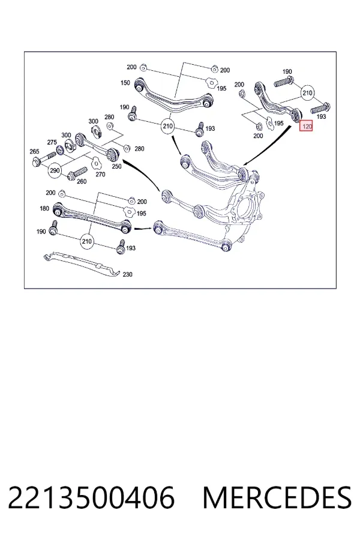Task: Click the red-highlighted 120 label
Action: [306, 127]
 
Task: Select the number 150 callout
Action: [125, 83]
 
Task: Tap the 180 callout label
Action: [44, 208]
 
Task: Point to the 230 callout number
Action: [127, 274]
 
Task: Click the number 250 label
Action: [117, 166]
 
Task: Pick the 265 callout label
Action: [34, 151]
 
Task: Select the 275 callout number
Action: [52, 142]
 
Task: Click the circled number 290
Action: [55, 170]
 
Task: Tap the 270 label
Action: [100, 175]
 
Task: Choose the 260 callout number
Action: [82, 181]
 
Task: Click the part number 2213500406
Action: [91, 498]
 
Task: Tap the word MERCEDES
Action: [277, 498]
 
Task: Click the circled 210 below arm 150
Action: [168, 127]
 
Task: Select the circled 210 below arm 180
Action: [87, 241]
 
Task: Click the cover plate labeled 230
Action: [82, 265]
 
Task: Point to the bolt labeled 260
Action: [78, 173]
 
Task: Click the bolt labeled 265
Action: [43, 158]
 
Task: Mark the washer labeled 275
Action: [60, 149]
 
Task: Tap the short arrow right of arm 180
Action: [142, 229]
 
